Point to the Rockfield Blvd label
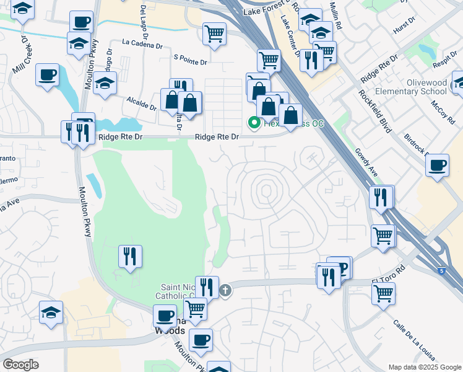(374, 110)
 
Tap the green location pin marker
(254, 123)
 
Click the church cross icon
(226, 290)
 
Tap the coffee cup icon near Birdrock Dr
(438, 165)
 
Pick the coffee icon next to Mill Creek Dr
(48, 75)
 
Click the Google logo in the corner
(20, 365)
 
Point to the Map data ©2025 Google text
(424, 367)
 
